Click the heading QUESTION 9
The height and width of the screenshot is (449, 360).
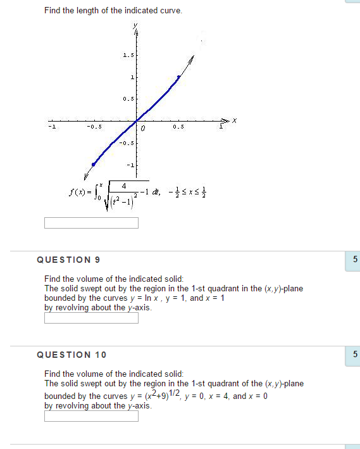click(x=68, y=260)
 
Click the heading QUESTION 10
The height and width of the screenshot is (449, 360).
click(x=71, y=354)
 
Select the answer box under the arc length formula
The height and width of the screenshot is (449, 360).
click(x=91, y=223)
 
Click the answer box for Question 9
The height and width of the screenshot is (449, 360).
click(x=91, y=318)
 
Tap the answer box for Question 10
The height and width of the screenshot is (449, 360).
click(x=91, y=416)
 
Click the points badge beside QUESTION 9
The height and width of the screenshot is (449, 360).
click(x=354, y=260)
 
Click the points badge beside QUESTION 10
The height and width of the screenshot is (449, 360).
click(x=354, y=354)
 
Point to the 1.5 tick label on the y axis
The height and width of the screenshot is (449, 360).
click(x=128, y=56)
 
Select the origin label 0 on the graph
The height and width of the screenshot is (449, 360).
click(x=144, y=129)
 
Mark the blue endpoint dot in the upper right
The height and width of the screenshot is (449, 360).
click(x=178, y=77)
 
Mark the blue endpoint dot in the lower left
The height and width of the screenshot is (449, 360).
click(x=94, y=164)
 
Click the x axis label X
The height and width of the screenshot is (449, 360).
click(x=233, y=120)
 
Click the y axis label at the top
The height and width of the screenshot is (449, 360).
click(x=135, y=26)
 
